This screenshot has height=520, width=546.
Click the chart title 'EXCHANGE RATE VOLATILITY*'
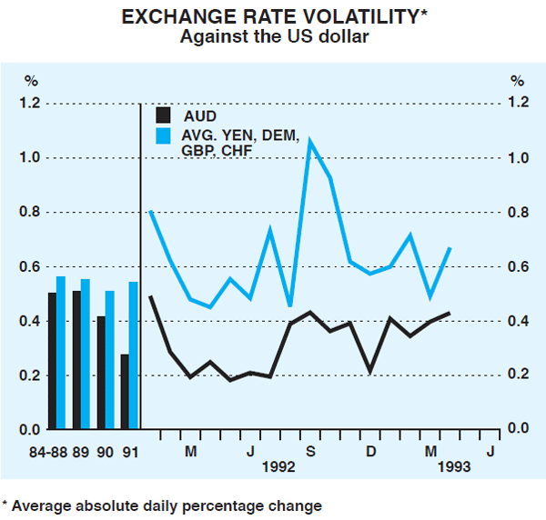pos(272,17)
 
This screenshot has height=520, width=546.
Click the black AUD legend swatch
pos(163,115)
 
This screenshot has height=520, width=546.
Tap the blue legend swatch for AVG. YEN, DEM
pos(163,135)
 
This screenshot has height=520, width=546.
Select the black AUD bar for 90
pos(100,373)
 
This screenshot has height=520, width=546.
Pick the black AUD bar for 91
pos(125,392)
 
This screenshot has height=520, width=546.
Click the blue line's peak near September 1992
pos(310,141)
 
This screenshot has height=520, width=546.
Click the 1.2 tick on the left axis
pos(30,104)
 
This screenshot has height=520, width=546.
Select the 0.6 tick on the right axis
pos(518,266)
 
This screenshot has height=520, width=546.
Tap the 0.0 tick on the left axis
pos(30,429)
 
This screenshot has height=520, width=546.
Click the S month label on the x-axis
pos(311,452)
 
